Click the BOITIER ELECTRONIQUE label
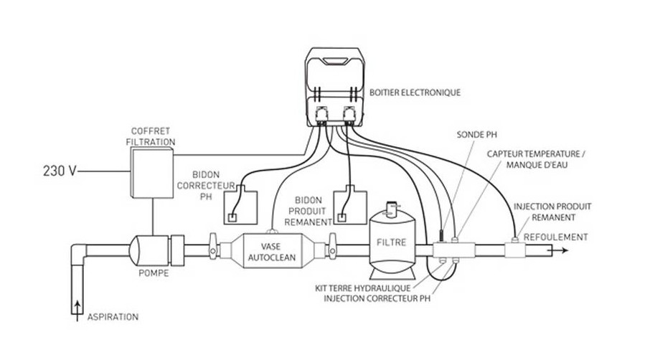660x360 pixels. (415, 93)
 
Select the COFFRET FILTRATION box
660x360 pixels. (152, 172)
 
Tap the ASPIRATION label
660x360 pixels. (113, 316)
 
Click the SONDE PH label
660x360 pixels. (473, 134)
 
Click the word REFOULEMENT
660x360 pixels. (556, 237)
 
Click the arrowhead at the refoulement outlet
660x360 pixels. (566, 250)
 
